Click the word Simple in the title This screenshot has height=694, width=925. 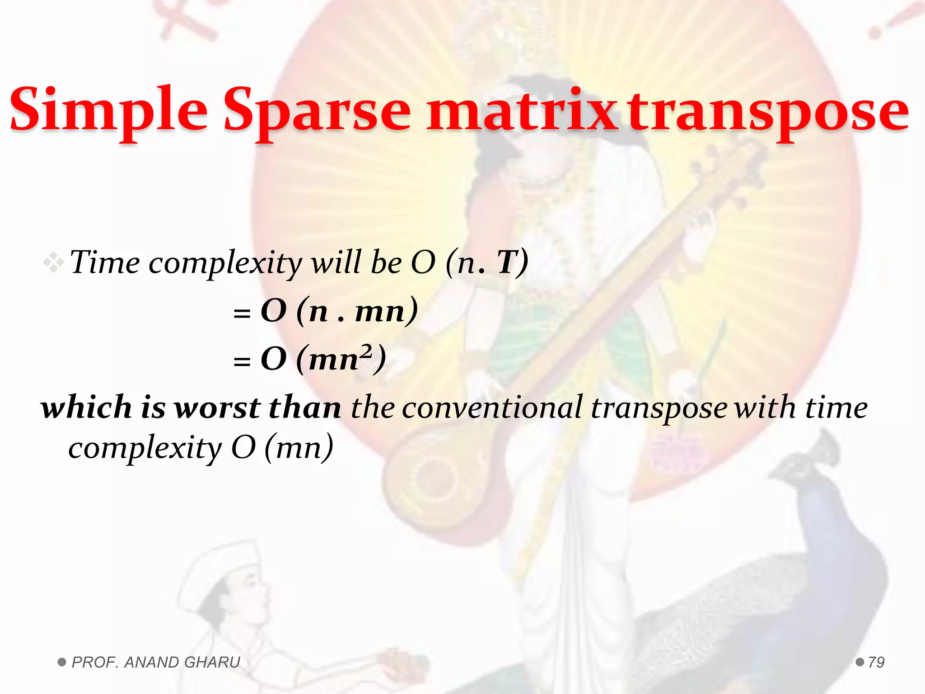point(108,111)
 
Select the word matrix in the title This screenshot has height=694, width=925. point(522,111)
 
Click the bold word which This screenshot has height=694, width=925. point(86,407)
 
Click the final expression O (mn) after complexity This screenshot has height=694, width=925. point(282,447)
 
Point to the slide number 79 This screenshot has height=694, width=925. point(876,662)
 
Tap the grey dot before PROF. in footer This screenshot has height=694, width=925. point(62,662)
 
